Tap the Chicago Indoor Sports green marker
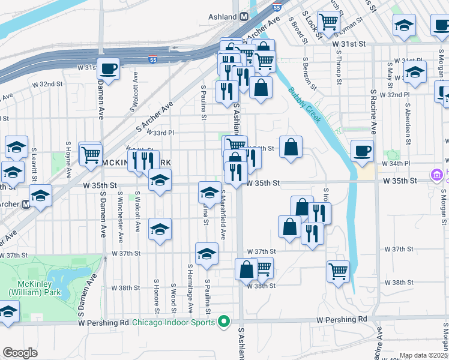tap(224, 322)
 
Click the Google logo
tap(19, 352)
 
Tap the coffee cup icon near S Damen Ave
tap(108, 69)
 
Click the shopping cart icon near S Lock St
tap(328, 22)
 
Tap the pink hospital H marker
tap(436, 175)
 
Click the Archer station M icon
tap(26, 205)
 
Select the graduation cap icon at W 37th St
tap(206, 253)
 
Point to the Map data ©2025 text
tap(423, 355)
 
